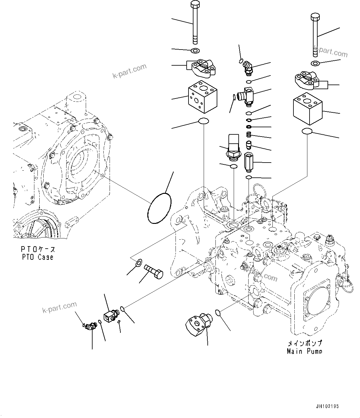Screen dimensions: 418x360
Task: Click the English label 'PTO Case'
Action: point(37,257)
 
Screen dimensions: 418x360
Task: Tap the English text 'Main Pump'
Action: point(304,351)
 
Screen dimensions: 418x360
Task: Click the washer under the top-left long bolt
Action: point(195,50)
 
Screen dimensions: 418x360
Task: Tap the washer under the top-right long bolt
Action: point(315,64)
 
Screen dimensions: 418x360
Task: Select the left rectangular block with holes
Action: point(202,97)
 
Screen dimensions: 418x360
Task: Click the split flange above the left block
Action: point(203,69)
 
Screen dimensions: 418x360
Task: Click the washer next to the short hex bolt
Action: point(139,263)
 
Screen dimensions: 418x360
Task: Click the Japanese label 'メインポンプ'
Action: point(305,343)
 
